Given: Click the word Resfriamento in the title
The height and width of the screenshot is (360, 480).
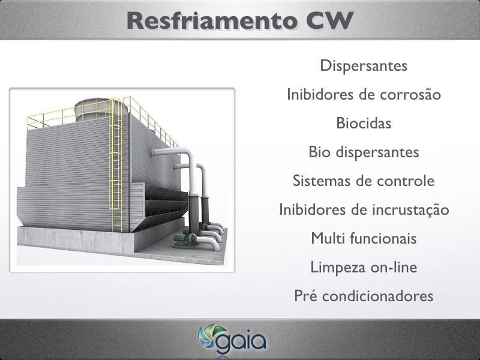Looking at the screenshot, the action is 212,20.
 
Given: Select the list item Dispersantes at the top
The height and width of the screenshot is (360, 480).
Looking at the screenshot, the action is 364,65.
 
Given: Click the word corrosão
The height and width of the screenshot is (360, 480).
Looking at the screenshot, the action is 410,95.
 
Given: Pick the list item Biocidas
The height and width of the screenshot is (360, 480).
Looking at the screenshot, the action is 364,123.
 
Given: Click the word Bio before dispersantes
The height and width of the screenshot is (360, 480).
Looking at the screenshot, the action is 319,152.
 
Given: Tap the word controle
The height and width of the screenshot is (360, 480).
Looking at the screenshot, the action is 406,181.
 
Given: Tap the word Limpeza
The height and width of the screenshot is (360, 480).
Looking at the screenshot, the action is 338,268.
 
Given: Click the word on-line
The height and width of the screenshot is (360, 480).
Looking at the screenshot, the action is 394,267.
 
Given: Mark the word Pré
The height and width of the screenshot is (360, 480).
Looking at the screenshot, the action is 305,296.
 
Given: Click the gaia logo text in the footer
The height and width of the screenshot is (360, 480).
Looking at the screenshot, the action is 241,341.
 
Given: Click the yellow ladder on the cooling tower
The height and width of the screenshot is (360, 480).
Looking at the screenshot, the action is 116,166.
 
